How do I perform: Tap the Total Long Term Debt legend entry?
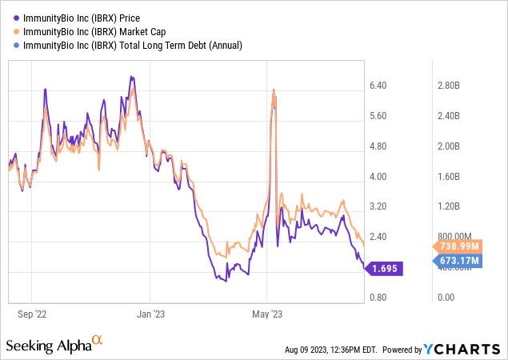coord(128,46)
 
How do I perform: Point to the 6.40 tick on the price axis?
coord(376,86)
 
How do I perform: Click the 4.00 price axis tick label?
coord(376,177)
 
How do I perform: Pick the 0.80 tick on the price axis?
coord(376,298)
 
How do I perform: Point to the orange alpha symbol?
coord(98,341)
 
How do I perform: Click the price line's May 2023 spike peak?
coord(274,90)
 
